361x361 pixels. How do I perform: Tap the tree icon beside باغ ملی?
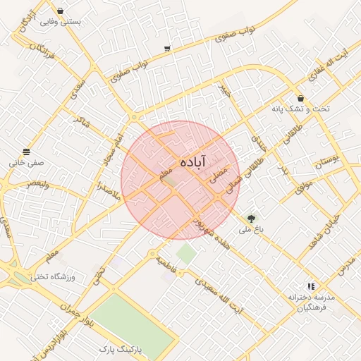point(251,219)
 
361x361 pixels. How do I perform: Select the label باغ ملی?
point(251,230)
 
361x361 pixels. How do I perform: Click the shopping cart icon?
point(167,49)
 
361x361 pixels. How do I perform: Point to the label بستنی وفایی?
point(61,22)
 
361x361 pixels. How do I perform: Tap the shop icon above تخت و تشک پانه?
point(301,99)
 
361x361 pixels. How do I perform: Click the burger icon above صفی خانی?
point(27,152)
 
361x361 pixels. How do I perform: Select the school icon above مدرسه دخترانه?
point(311,286)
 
